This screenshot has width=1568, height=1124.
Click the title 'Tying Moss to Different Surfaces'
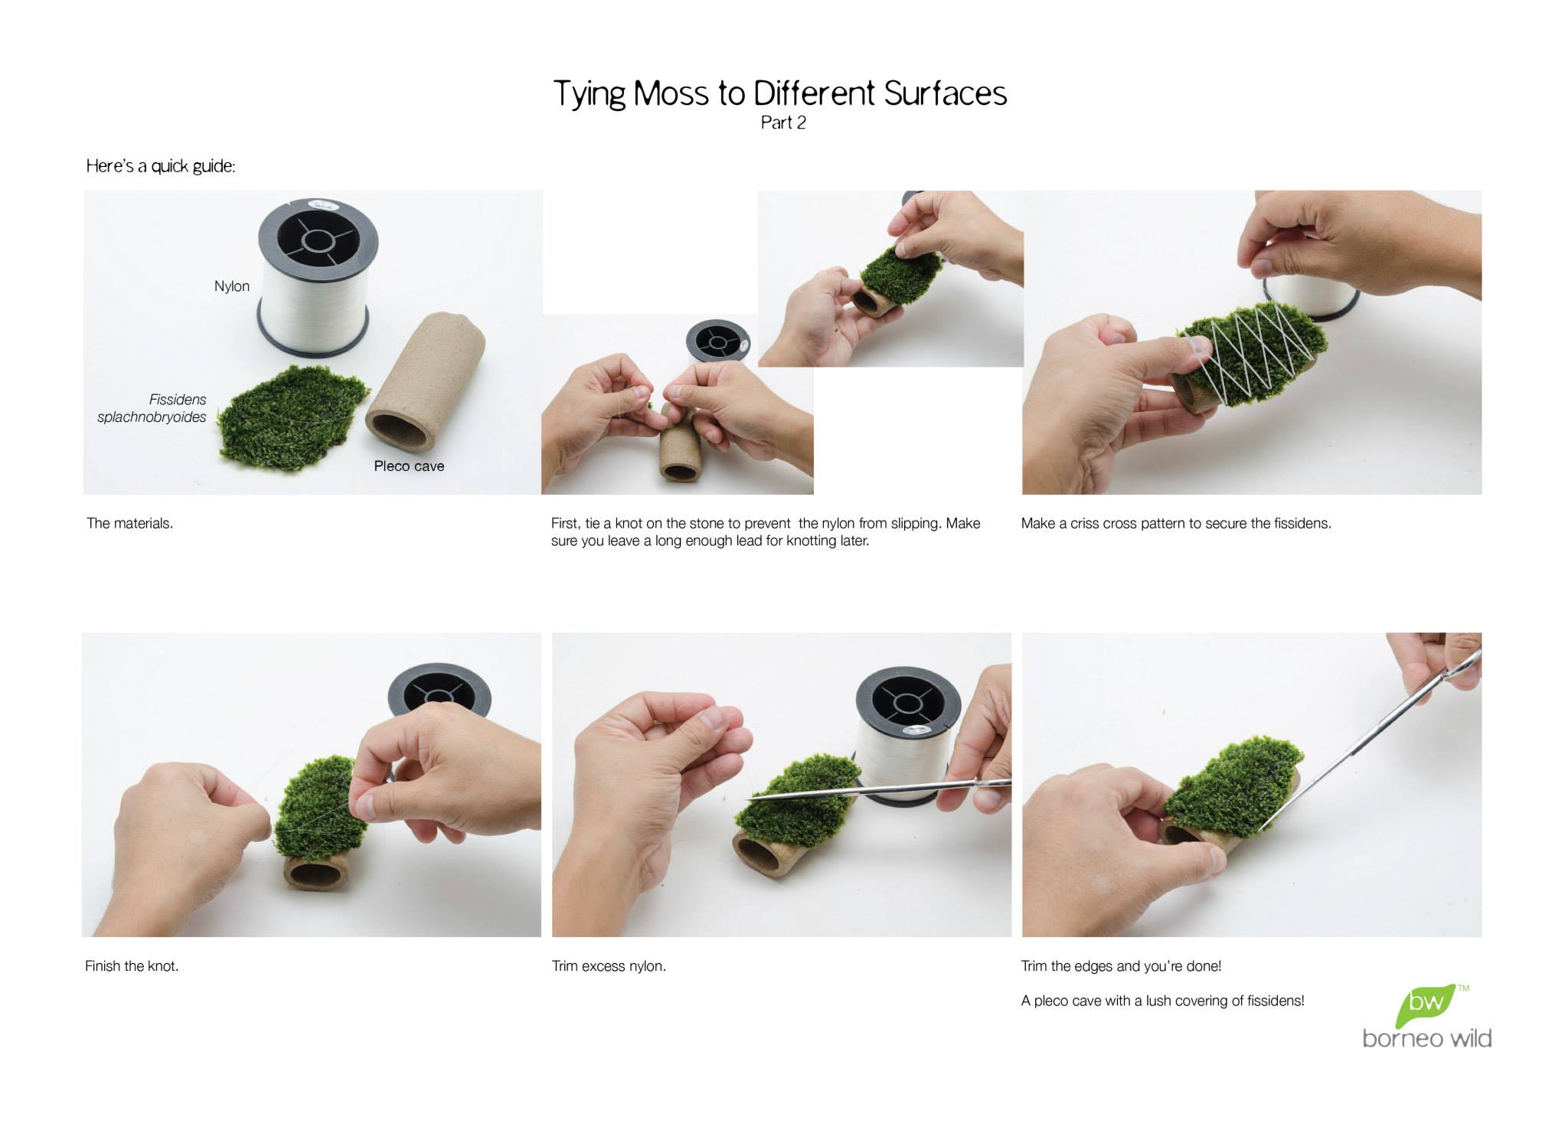(x=779, y=94)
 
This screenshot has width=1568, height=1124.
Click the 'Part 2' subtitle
(x=783, y=123)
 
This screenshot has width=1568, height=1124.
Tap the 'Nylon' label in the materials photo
(x=232, y=286)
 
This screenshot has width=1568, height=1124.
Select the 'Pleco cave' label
(x=409, y=466)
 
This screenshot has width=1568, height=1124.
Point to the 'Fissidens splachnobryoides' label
(x=152, y=408)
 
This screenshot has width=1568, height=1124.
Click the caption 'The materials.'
(x=130, y=524)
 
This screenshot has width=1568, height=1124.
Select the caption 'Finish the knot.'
(x=132, y=966)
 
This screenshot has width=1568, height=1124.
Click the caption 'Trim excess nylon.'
(x=609, y=966)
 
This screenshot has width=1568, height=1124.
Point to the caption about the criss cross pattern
(x=1176, y=524)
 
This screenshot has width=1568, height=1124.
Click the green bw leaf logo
(x=1426, y=1005)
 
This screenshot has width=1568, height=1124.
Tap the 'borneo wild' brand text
(x=1427, y=1038)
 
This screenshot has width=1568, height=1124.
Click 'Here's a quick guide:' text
(x=161, y=166)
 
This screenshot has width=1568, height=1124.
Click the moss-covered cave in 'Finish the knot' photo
(x=314, y=819)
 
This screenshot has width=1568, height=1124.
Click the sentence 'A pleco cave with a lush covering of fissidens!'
(x=1162, y=1001)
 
